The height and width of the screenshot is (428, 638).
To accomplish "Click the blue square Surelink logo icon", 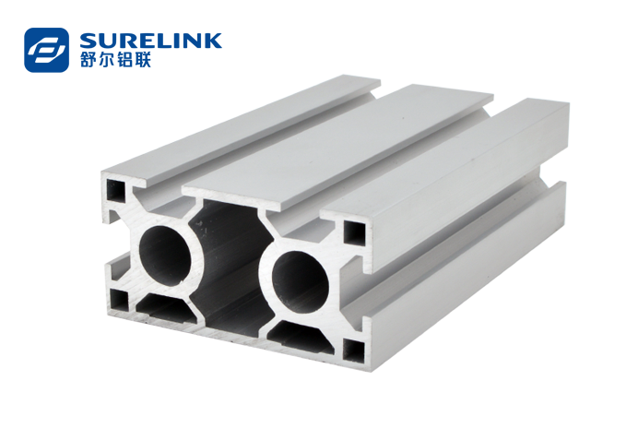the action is (46, 50).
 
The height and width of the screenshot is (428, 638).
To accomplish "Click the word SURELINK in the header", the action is (151, 41).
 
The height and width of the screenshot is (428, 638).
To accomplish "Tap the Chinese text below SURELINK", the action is (115, 59).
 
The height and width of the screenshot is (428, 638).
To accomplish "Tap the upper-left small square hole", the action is (115, 190).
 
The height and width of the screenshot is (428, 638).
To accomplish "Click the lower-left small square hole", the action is (119, 300).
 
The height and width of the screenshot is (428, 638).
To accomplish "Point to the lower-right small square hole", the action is (354, 351).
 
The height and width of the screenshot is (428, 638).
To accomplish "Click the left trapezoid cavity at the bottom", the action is (166, 309).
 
